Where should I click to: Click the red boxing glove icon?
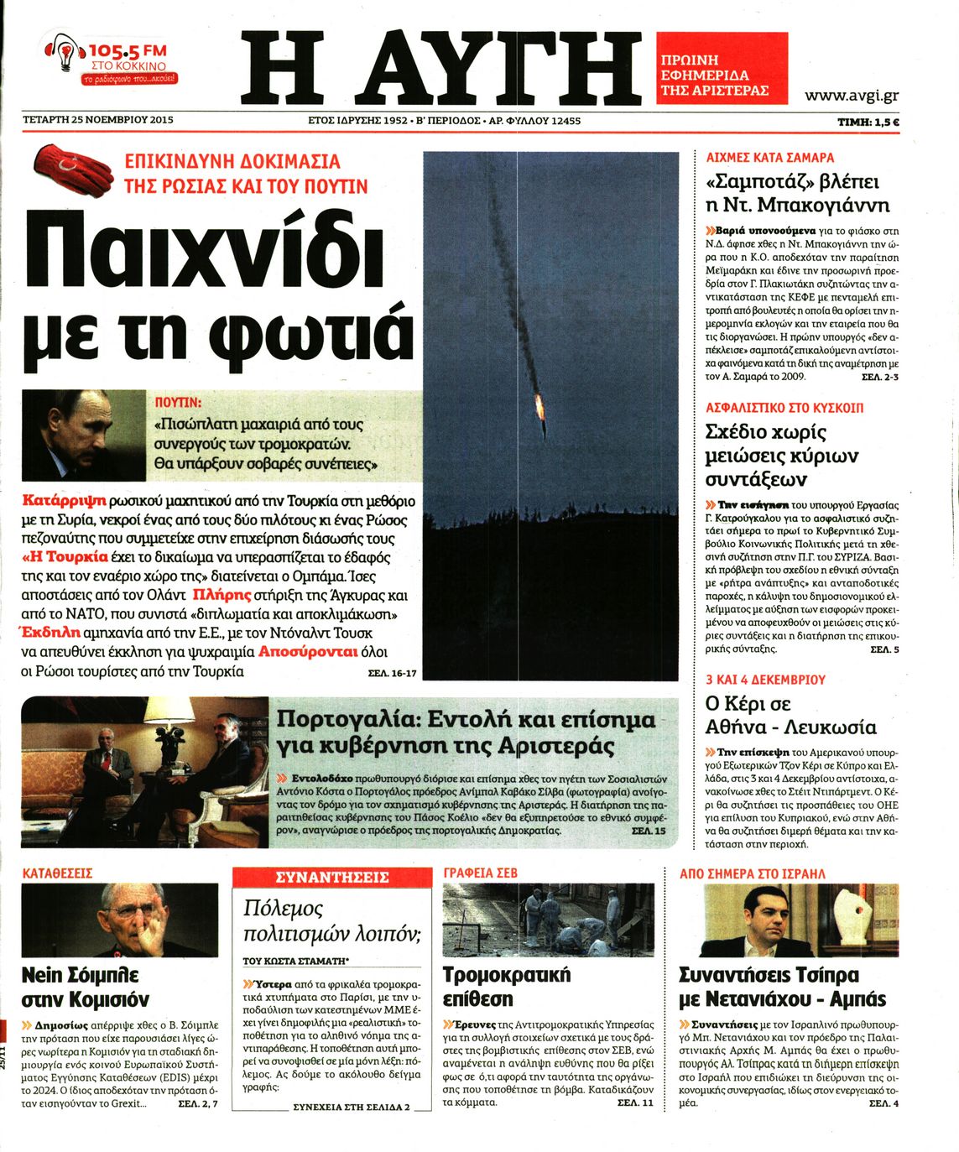click(x=73, y=170)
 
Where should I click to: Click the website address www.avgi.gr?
click(x=851, y=96)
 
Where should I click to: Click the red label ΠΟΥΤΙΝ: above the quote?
click(x=179, y=402)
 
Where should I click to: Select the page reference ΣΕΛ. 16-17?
click(x=392, y=673)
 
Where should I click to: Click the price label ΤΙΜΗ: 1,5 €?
click(x=868, y=122)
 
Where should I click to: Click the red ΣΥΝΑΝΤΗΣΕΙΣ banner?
click(x=331, y=877)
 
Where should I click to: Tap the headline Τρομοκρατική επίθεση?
click(x=506, y=987)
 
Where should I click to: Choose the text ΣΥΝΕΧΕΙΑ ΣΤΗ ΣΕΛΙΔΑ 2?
click(x=351, y=1107)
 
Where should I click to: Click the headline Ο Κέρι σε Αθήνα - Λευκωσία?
click(x=790, y=716)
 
